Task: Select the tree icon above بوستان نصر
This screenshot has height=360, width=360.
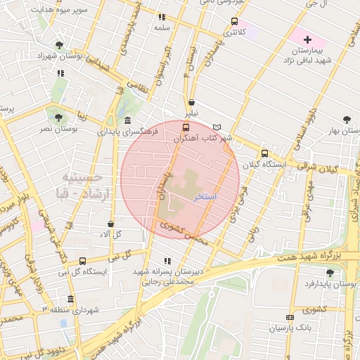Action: (58, 117)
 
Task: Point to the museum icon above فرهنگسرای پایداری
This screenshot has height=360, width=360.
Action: (127, 119)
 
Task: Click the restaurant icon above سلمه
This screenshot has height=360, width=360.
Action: (162, 17)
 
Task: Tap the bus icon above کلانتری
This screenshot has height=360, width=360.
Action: (234, 21)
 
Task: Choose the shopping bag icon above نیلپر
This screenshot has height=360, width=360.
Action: (191, 102)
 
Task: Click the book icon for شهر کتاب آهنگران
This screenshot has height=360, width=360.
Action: (217, 127)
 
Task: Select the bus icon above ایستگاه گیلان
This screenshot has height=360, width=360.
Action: (264, 153)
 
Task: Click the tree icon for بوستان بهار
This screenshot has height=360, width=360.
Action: (346, 120)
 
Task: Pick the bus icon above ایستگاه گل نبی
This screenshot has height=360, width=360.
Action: (83, 261)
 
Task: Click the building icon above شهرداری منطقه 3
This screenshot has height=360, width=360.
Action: (70, 298)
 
